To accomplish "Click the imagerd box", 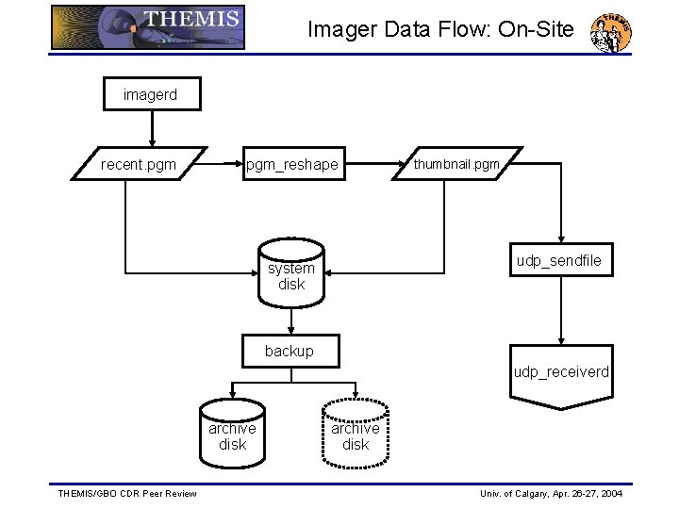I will [151, 94].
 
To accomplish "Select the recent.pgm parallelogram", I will [139, 164].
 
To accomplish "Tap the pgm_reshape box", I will [291, 165].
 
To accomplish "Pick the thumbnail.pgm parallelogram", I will [456, 164].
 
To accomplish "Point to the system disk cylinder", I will [291, 275].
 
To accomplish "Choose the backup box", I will [290, 351].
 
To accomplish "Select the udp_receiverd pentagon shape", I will [561, 376].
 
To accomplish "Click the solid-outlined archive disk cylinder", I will [232, 435].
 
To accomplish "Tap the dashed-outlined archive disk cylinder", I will [356, 435].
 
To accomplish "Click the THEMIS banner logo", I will [148, 27].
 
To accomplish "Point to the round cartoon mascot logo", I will [610, 33].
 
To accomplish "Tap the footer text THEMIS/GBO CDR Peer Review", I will [127, 493].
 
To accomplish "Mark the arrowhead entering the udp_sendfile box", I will [561, 239].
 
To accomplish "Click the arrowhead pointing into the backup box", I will [291, 330].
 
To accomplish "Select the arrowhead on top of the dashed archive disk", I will [356, 396].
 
